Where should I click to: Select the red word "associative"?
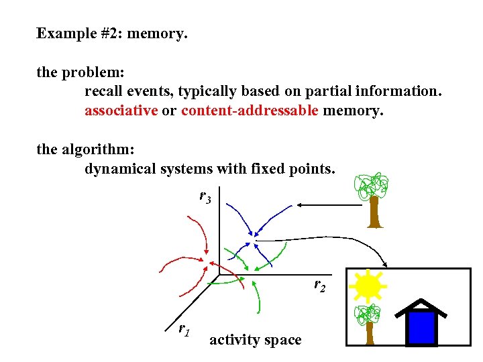(121, 111)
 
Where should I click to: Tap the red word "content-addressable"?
(250, 111)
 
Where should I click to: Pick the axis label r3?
(205, 197)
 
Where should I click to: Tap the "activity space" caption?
(255, 340)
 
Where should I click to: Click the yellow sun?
(368, 287)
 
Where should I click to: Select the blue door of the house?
(422, 328)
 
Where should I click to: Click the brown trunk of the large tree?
(374, 213)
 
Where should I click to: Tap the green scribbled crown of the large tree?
(372, 186)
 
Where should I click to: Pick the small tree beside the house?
(368, 322)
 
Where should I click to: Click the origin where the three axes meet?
(219, 274)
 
